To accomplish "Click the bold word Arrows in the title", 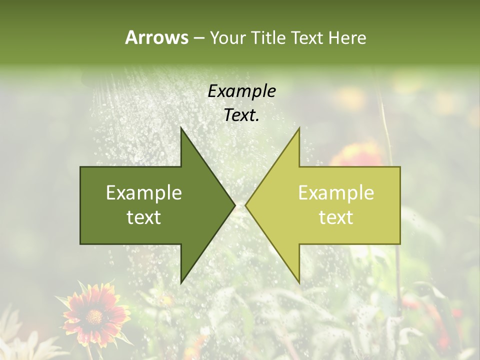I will (156, 37).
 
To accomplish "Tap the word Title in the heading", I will (269, 37).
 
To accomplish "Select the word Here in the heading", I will (347, 37).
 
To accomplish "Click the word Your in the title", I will (228, 37).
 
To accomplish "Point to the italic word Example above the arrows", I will (241, 91).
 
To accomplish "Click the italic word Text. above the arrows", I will (241, 115).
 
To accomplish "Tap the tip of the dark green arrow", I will (234, 205).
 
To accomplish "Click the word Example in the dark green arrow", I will (144, 193).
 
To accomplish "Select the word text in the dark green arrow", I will (144, 217).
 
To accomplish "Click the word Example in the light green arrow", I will (336, 193).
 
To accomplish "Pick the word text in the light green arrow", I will (336, 217).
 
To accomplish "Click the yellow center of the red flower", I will (93, 316).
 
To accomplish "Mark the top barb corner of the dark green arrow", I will (181, 128).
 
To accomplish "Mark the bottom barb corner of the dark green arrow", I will (181, 282).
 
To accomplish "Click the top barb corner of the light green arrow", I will (299, 128).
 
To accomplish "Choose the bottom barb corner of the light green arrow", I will (299, 282).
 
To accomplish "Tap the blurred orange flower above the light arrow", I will (357, 155).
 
